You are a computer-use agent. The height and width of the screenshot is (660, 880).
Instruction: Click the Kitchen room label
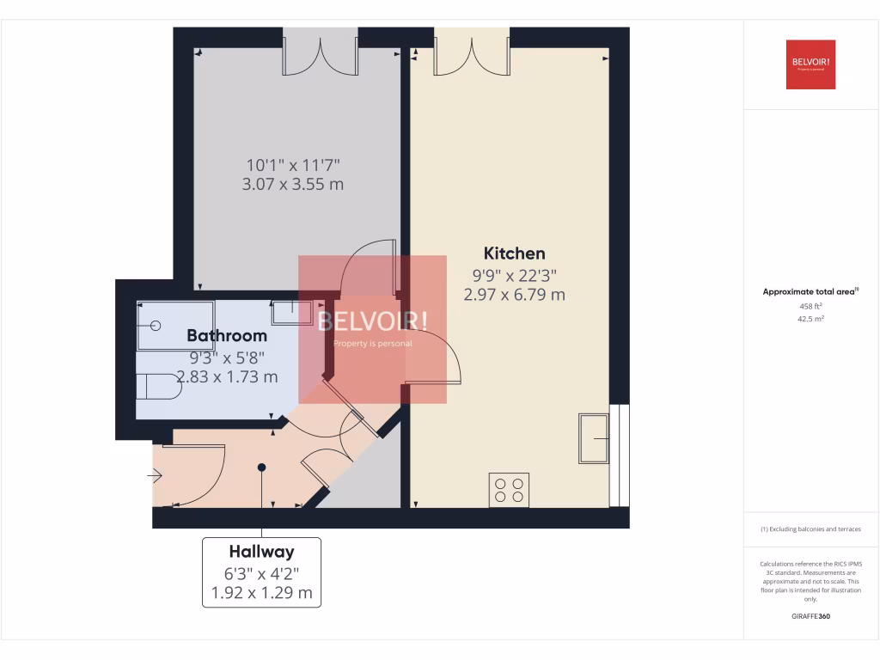(514, 253)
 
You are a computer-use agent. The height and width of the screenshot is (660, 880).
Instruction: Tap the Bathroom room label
(227, 335)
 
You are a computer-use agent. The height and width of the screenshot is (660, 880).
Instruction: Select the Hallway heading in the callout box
(261, 552)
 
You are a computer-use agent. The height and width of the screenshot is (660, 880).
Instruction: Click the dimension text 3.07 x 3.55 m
(294, 184)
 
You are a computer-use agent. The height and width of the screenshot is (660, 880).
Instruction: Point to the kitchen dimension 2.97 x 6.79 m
(514, 295)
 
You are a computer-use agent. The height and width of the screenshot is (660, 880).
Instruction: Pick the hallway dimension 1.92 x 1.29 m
(261, 592)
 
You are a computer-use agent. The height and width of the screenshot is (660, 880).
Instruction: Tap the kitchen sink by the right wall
(594, 439)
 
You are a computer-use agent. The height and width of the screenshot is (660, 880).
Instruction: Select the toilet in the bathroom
(159, 388)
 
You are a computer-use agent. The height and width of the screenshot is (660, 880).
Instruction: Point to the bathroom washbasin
(293, 311)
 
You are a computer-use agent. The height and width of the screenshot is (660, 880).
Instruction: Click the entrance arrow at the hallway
(155, 474)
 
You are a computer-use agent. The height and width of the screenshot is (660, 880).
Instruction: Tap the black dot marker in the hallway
(261, 467)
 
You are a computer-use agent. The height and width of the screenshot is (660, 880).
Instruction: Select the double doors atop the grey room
(320, 52)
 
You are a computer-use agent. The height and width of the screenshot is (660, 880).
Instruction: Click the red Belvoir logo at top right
(810, 64)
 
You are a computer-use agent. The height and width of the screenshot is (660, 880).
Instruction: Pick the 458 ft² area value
(810, 306)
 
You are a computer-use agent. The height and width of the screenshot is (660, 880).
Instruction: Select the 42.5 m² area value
(810, 319)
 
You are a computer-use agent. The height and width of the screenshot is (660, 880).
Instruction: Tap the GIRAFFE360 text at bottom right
(810, 616)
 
